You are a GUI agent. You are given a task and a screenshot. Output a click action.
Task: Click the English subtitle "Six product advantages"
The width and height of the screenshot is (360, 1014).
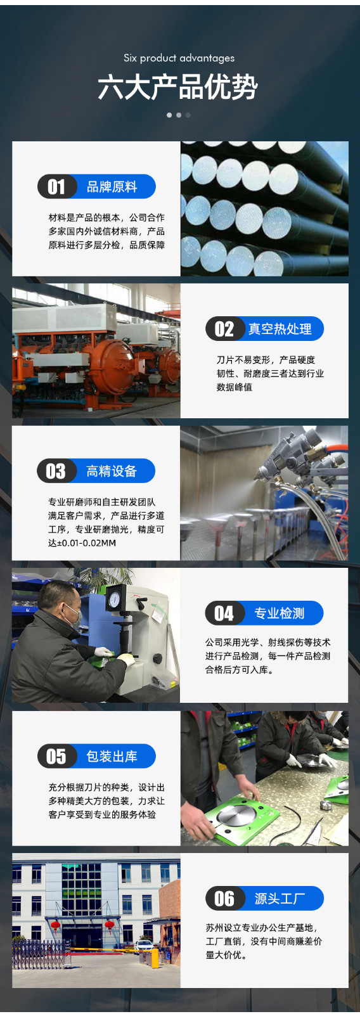[x=179, y=58]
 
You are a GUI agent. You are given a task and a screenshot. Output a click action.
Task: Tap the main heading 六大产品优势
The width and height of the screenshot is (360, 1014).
[x=178, y=87]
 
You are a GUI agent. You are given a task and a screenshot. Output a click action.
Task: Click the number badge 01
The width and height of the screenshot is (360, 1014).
[x=56, y=186]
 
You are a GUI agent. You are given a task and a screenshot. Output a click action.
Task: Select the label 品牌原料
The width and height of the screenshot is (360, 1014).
[x=112, y=186]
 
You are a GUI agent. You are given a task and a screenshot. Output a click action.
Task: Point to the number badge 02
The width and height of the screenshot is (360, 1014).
[x=224, y=329]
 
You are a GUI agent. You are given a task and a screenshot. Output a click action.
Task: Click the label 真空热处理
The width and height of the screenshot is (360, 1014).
[x=280, y=329]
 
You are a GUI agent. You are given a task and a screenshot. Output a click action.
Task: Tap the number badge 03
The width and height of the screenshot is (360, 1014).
[x=56, y=471]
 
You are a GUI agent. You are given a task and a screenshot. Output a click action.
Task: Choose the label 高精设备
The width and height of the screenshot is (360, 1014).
[x=112, y=471]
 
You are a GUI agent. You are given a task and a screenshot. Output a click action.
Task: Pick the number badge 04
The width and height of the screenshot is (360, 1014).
[x=224, y=613]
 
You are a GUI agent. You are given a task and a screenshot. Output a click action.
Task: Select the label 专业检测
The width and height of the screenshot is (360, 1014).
[x=280, y=613]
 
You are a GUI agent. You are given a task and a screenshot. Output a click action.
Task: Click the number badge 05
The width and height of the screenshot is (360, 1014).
[x=56, y=756]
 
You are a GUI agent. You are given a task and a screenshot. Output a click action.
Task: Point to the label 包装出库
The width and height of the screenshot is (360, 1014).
[x=112, y=756]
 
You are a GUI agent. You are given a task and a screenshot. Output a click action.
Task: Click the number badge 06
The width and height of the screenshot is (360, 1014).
[x=224, y=898]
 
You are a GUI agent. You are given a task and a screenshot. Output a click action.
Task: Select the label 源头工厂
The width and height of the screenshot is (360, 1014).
[x=280, y=898]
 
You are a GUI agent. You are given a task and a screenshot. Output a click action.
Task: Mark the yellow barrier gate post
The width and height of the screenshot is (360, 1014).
[x=155, y=958]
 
